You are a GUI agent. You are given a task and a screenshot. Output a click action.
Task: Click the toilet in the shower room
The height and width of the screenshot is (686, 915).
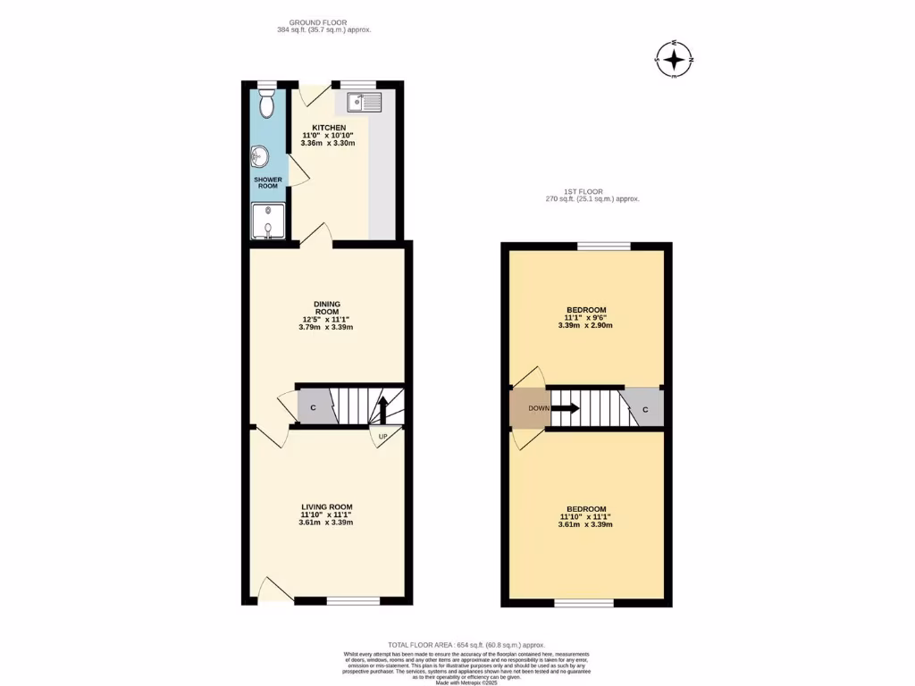[267, 103]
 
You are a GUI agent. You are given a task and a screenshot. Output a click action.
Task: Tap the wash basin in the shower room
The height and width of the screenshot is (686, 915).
[260, 158]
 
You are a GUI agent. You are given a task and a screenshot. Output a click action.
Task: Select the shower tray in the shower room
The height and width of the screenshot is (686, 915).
[269, 222]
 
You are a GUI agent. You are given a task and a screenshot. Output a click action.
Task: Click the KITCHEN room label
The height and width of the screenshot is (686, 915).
[328, 128]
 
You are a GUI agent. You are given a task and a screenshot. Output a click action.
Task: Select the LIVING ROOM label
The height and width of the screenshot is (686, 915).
[326, 506]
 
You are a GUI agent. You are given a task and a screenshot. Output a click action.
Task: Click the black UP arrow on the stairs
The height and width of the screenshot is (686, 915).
[382, 411]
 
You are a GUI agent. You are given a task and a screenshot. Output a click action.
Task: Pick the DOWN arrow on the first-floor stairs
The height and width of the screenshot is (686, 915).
[565, 408]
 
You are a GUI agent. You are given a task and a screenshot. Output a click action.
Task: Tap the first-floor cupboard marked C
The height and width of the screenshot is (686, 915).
[644, 408]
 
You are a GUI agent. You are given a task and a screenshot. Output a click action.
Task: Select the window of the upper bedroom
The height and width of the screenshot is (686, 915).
[604, 246]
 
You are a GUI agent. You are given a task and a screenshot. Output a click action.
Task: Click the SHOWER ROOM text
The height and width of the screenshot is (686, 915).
[268, 183]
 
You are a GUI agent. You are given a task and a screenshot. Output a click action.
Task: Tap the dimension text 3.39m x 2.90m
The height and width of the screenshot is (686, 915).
[585, 326]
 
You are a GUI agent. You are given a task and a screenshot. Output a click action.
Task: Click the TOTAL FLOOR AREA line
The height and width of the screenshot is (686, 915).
[466, 645]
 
